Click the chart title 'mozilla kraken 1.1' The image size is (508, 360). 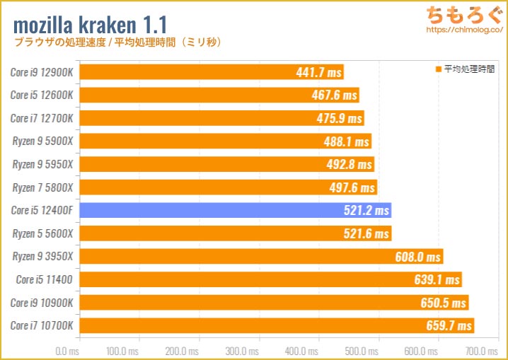coord(91,24)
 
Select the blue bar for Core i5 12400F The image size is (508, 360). coord(233,210)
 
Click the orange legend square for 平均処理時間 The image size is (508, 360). coord(439,69)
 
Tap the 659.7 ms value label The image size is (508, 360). coord(449,326)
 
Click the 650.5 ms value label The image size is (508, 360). coord(445,303)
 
